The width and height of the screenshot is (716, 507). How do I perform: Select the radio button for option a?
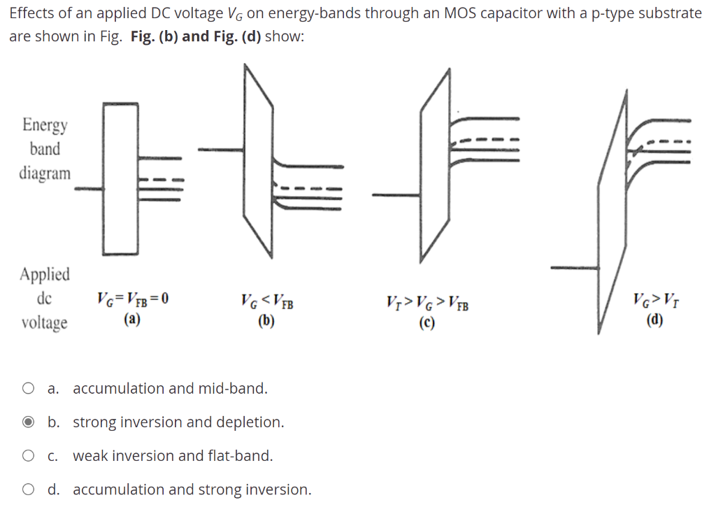28,388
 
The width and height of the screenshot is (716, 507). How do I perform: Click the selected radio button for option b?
28,422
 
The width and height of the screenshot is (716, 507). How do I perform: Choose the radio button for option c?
28,456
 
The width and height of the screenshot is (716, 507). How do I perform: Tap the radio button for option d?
28,490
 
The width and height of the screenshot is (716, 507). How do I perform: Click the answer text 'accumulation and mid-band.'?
170,388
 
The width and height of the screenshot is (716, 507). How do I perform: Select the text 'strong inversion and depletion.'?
178,422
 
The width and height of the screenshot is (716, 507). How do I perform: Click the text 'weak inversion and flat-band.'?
173,456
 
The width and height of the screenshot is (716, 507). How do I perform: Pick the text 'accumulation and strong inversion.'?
192,490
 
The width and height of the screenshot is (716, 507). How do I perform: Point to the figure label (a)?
132,320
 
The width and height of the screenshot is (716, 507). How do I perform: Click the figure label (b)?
266,321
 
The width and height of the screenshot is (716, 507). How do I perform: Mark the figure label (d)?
654,320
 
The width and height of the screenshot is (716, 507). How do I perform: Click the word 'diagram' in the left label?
45,173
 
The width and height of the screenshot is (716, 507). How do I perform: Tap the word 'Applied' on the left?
45,274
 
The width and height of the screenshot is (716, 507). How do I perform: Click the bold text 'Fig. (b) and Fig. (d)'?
196,36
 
